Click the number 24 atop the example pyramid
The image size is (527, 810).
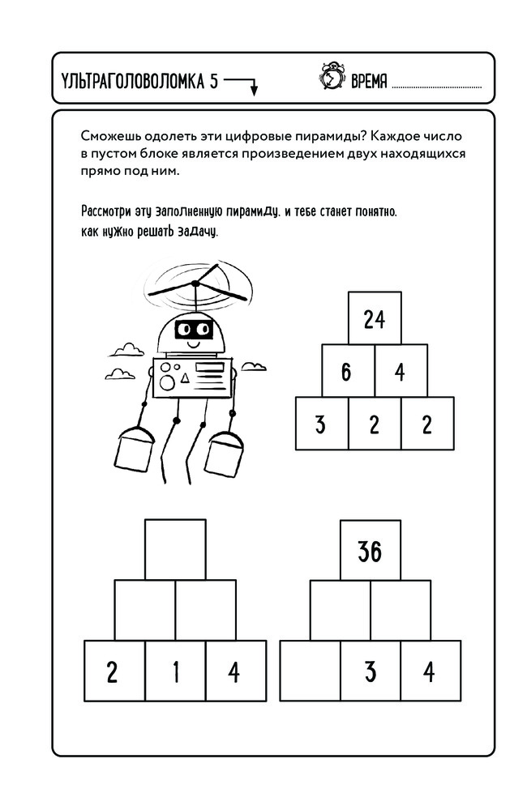pos(374,320)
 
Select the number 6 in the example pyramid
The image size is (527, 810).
pos(346,372)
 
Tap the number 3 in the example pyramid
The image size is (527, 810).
pos(320,424)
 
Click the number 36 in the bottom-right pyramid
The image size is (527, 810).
pos(370,552)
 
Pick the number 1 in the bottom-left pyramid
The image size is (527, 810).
pos(175,672)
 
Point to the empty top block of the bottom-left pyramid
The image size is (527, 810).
pos(175,549)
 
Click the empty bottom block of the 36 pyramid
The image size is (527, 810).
pos(310,672)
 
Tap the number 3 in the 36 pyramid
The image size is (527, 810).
pos(370,672)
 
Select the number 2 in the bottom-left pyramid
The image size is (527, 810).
pos(113,672)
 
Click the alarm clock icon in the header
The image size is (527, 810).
pos(331,78)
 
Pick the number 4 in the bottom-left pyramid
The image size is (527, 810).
pos(235,672)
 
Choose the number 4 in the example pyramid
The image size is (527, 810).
pos(400,372)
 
